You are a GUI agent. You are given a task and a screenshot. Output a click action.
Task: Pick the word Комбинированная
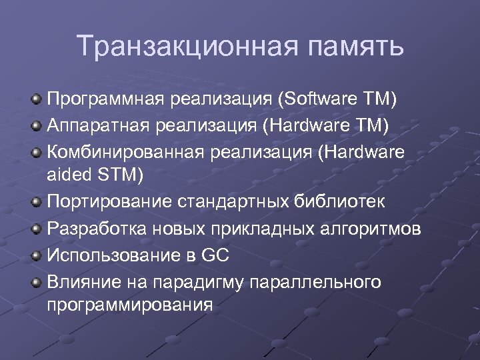pyautogui.click(x=125, y=152)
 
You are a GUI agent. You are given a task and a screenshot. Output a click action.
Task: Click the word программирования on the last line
pyautogui.click(x=131, y=305)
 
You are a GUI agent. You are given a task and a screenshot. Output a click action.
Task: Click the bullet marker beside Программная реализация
pyautogui.click(x=37, y=101)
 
